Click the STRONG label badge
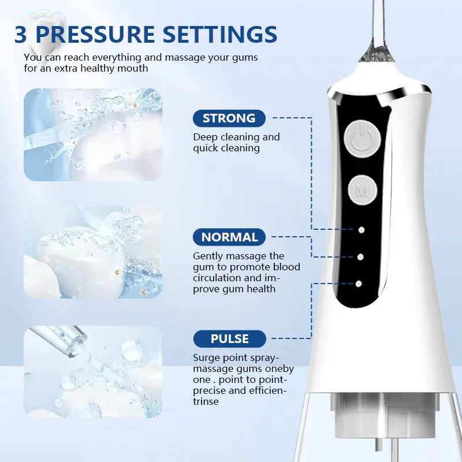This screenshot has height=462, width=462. pos(229,118)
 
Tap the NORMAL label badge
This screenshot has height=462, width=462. pos(229,237)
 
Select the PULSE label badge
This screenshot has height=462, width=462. pos(229,338)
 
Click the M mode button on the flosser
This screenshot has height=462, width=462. pos(363,190)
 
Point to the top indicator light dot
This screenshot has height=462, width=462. pos(362,230)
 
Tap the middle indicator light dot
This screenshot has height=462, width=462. pos(360,257)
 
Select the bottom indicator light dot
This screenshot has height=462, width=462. pos(359,284)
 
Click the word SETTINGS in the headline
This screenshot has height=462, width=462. pos(220,34)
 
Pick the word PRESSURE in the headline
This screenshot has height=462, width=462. pos(95,34)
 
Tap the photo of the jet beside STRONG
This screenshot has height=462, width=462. pos(93,135)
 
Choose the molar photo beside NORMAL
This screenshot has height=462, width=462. pos(93,252)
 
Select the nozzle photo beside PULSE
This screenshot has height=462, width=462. pos(93,371)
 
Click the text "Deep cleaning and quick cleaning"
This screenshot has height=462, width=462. pos(236,143)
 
